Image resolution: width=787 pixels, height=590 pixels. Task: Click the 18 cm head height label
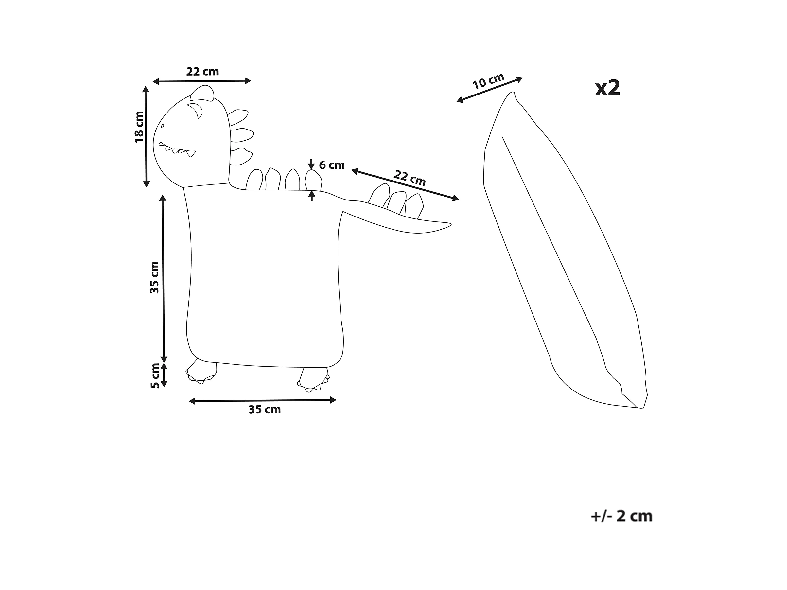tap(139, 127)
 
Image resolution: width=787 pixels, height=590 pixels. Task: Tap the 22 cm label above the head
tap(202, 72)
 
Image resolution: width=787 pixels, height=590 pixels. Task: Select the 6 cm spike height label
tap(332, 165)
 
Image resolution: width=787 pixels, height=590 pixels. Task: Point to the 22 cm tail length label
tap(410, 178)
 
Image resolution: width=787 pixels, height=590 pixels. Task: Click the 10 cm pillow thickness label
tap(488, 81)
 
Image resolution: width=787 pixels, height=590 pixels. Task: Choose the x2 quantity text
tap(608, 88)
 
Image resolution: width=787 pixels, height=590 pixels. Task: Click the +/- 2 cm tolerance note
tap(621, 516)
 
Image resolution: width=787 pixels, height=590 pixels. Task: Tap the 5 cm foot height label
tap(155, 375)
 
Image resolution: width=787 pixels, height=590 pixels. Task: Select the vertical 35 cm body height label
tap(154, 277)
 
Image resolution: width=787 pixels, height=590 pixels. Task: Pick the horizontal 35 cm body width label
tap(264, 410)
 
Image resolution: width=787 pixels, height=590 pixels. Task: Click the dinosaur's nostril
tap(163, 126)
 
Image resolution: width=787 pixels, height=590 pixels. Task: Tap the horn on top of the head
tap(202, 93)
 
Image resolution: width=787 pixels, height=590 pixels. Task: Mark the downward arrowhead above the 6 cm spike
tap(312, 166)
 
